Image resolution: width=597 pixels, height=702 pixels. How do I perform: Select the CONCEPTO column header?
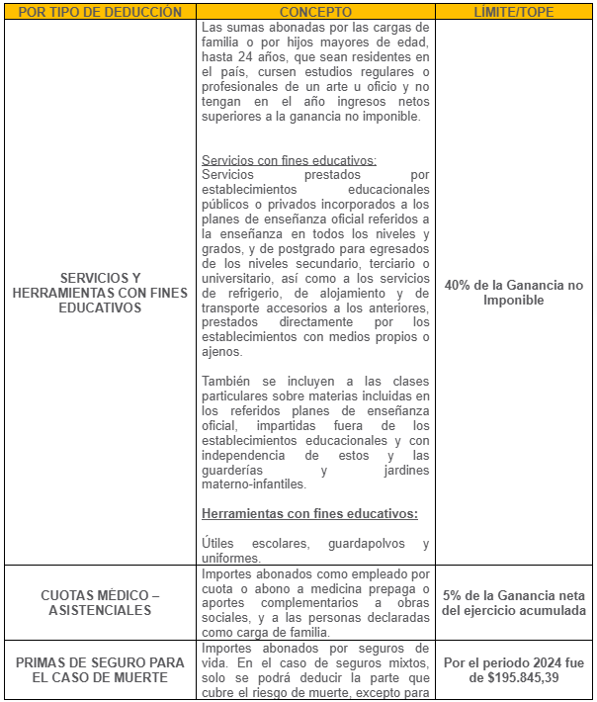(315, 12)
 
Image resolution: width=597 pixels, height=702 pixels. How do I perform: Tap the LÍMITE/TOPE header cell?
(514, 12)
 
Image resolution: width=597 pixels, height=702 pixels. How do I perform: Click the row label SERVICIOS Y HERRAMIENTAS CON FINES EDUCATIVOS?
(100, 293)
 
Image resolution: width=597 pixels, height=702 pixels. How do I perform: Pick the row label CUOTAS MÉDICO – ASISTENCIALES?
(100, 603)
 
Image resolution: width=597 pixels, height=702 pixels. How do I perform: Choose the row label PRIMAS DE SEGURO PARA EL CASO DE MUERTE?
(100, 669)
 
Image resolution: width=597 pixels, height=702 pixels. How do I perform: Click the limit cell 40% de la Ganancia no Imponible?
(514, 293)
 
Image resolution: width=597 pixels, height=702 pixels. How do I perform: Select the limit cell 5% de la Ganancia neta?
(514, 603)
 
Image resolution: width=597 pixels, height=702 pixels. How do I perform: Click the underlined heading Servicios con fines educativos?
(289, 160)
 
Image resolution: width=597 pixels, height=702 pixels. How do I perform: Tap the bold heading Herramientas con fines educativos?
(309, 513)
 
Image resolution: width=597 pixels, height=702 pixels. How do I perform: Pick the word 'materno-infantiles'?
(254, 484)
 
